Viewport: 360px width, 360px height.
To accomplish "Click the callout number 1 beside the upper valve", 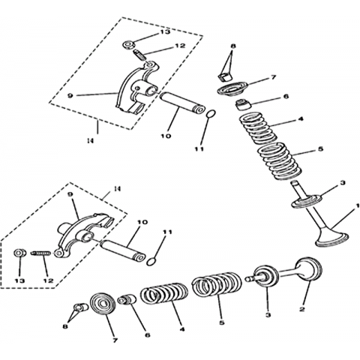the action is pos(358,206).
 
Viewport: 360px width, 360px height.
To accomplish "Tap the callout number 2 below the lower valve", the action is pos(302,309).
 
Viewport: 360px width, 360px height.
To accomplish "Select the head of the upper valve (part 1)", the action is pos(332,239).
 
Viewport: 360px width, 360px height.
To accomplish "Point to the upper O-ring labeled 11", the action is pos(211,114).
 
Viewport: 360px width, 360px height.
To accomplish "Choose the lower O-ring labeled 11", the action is pos(151,262).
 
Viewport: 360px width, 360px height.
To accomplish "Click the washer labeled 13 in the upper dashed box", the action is pos(129,45).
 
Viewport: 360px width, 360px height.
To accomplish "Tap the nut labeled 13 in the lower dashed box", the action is pos(20,253).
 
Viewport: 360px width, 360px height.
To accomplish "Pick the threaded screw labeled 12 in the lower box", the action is pos(40,253).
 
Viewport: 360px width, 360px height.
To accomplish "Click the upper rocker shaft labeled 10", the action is pos(182,103).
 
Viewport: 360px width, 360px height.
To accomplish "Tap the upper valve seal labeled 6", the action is pos(243,104).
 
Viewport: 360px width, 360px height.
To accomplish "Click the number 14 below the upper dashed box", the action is pos(90,141).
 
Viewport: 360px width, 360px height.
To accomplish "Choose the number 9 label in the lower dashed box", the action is pos(70,193).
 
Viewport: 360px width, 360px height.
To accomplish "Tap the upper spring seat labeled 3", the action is pos(307,202).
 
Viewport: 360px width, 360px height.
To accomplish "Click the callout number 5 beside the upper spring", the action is pos(321,149).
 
